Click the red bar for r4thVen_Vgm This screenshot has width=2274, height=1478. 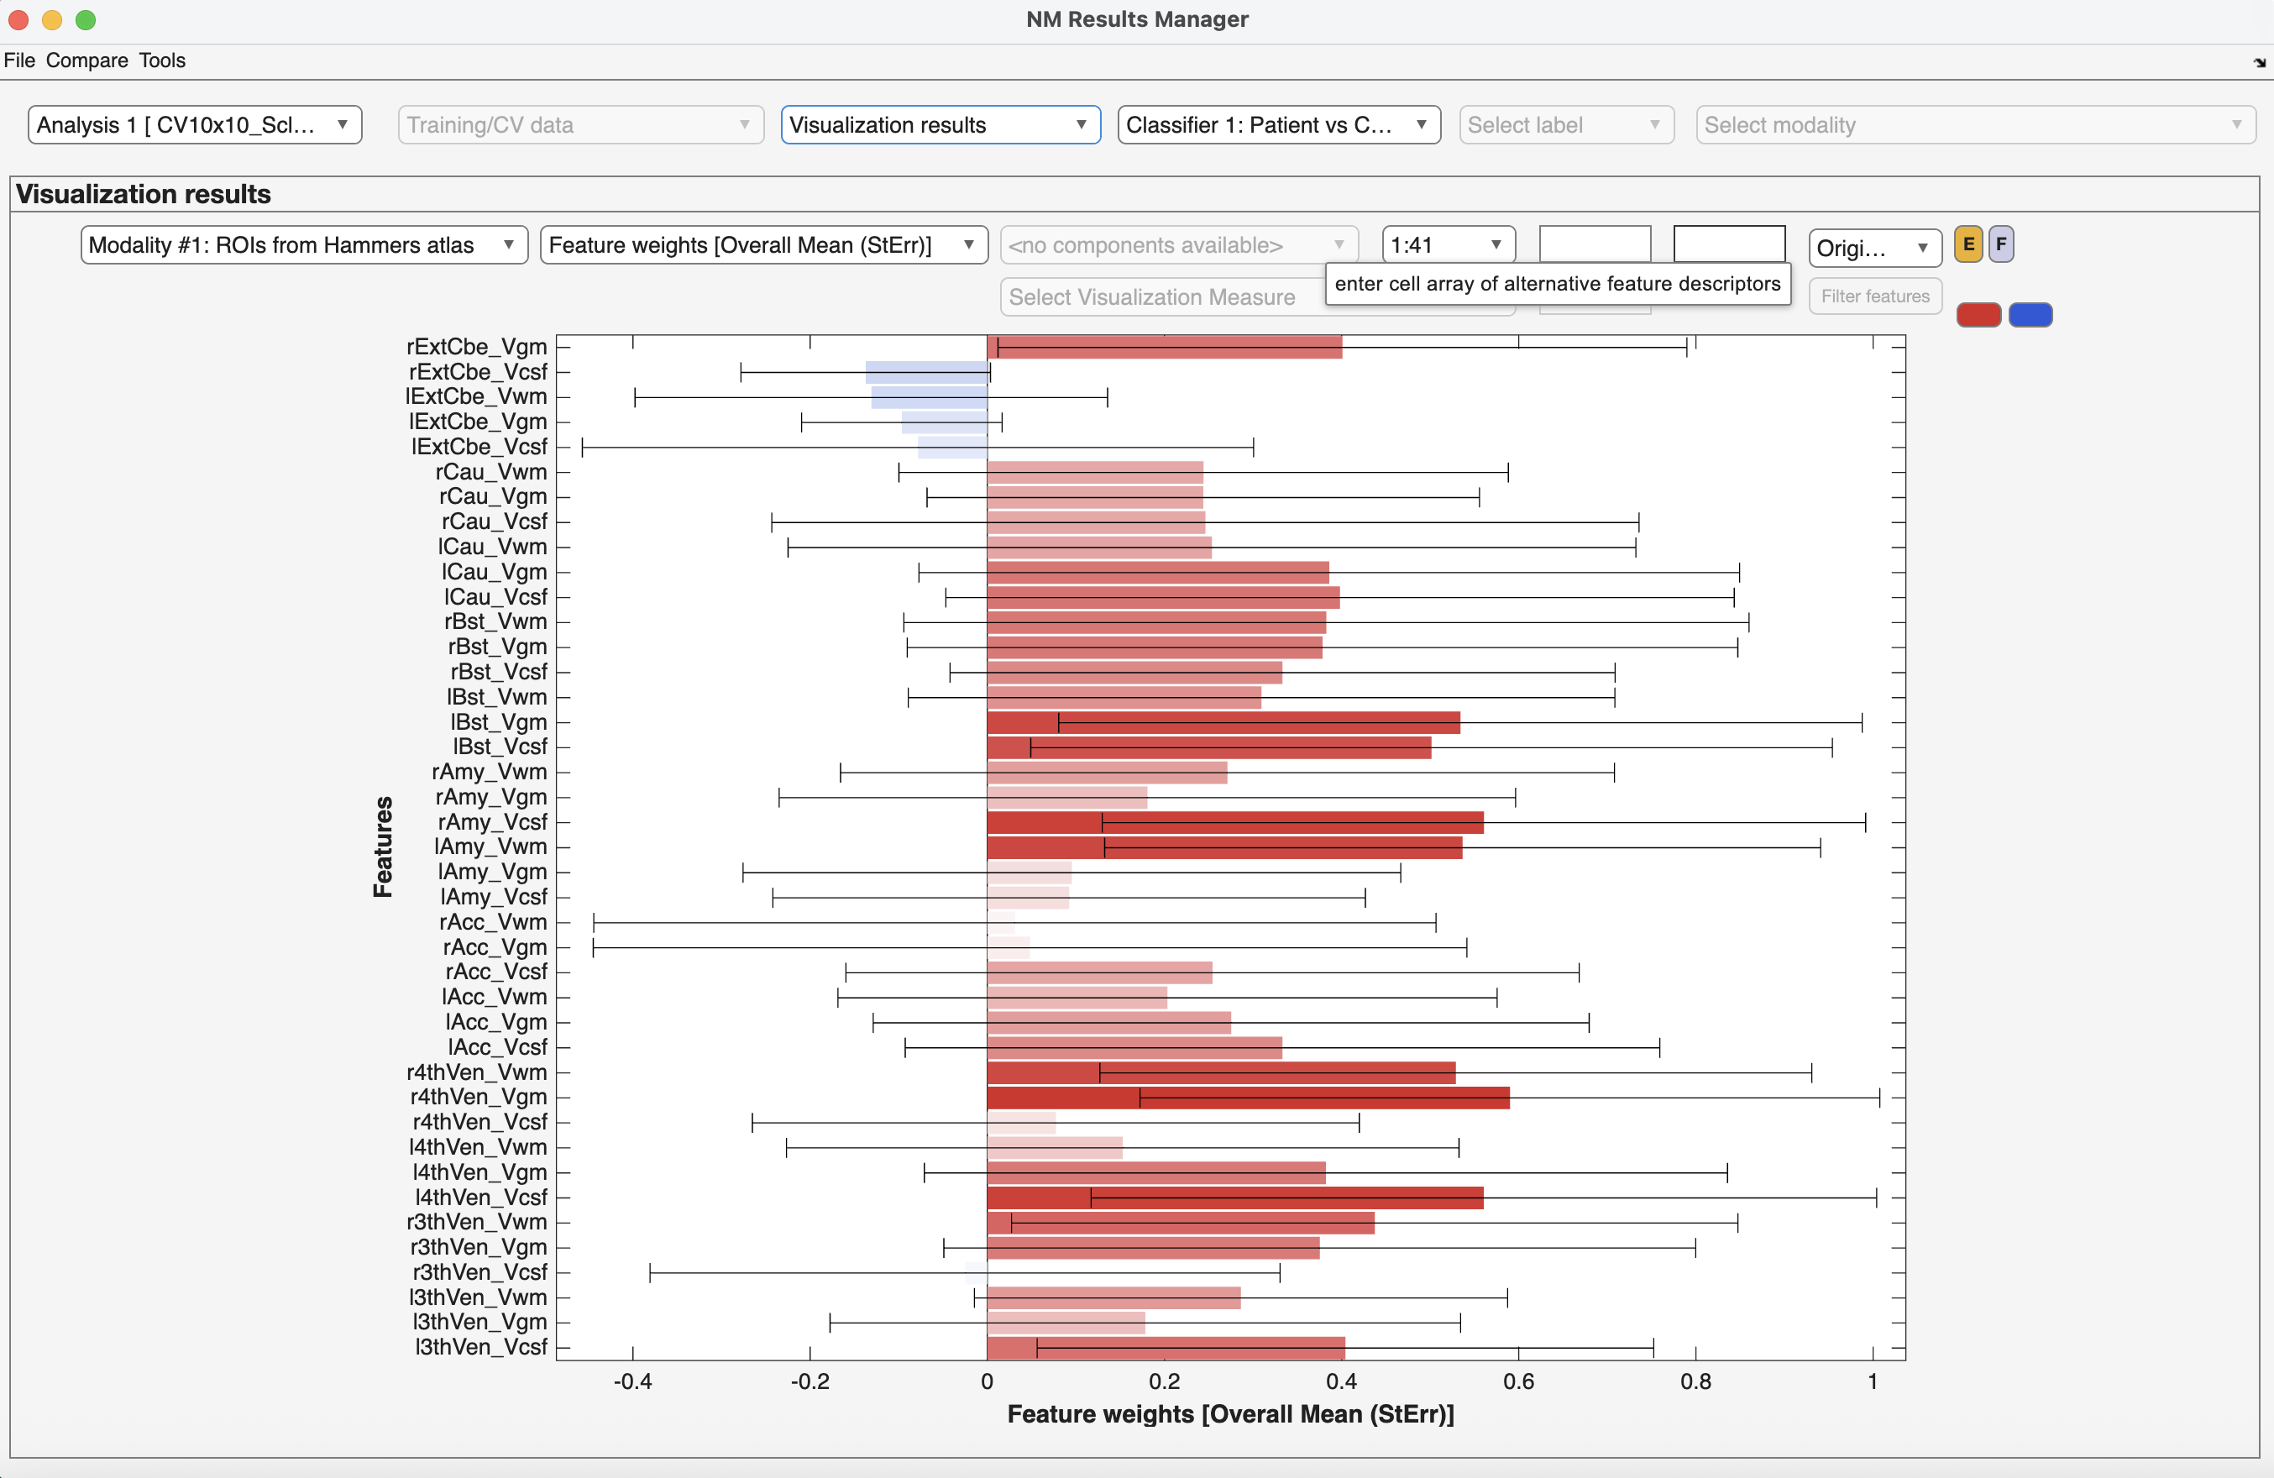click(x=1247, y=1098)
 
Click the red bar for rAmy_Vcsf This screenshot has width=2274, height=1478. click(x=1234, y=823)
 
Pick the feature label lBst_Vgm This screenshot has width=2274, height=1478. click(x=498, y=722)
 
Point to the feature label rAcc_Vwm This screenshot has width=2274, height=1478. click(x=492, y=922)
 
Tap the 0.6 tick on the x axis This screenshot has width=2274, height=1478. click(x=1518, y=1381)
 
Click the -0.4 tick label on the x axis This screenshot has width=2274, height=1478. click(x=632, y=1381)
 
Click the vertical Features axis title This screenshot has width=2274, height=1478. click(x=383, y=846)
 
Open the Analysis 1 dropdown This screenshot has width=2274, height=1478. click(x=194, y=125)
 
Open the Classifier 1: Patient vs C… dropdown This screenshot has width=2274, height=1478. click(x=1277, y=125)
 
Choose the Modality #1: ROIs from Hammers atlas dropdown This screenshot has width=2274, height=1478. click(x=303, y=245)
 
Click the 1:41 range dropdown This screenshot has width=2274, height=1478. click(x=1447, y=245)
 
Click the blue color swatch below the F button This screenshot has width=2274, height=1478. click(x=2030, y=315)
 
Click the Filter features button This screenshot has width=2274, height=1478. click(x=1873, y=296)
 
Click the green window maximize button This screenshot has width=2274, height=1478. click(x=85, y=19)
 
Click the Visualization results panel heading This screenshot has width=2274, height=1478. click(x=144, y=194)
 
